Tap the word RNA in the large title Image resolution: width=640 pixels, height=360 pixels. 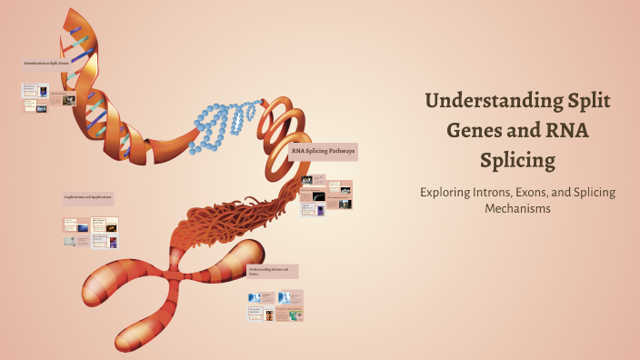coord(561,131)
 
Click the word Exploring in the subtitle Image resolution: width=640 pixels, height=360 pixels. coord(447,193)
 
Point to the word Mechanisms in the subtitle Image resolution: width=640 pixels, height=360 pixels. coord(518,209)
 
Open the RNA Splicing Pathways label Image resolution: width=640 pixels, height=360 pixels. coord(323,150)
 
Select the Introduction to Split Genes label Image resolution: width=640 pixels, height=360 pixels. coord(46,64)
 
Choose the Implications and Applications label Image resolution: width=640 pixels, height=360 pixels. coord(88,197)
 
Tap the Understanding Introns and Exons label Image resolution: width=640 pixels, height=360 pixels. coord(273,271)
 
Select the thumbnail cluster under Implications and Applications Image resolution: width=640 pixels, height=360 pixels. coord(91,232)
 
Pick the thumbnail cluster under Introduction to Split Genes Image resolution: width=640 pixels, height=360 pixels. coord(48,98)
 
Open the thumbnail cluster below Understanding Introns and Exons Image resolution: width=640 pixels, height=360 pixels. coord(275,305)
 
